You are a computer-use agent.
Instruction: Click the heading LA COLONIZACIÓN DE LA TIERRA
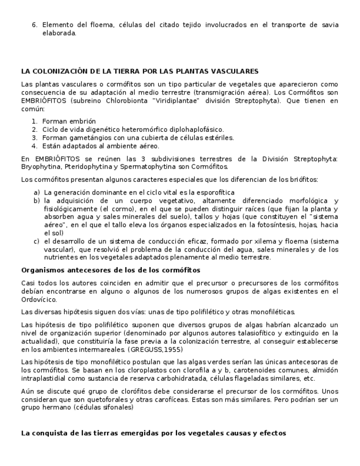point(140,71)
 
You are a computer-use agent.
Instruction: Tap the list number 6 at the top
point(34,25)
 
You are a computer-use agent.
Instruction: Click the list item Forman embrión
point(69,121)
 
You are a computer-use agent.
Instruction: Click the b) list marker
point(37,201)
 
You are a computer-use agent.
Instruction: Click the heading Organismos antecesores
point(110,270)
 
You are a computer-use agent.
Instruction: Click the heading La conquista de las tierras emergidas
point(153,433)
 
